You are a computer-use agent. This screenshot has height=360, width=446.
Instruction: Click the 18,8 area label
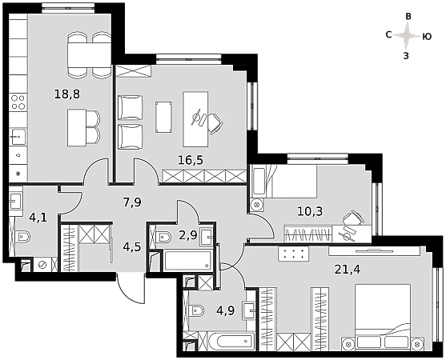(x=67, y=94)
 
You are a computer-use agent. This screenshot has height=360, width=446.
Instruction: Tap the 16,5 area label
(x=191, y=160)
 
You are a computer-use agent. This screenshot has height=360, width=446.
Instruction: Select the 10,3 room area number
(x=310, y=211)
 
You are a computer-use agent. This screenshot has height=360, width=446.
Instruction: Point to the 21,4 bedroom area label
(x=348, y=269)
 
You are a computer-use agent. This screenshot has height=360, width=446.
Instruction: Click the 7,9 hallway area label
(x=132, y=202)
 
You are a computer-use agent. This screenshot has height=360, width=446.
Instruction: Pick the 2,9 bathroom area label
(x=188, y=235)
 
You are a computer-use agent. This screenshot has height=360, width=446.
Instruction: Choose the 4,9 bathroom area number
(x=226, y=310)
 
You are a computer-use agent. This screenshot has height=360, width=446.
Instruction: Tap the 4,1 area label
(x=38, y=218)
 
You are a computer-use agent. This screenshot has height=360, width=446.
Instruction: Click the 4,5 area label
(x=132, y=246)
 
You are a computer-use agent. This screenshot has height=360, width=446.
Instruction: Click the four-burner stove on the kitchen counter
(x=18, y=102)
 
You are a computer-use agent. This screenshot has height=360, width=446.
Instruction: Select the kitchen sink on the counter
(x=18, y=137)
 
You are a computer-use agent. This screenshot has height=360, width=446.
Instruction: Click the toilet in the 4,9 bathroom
(x=196, y=310)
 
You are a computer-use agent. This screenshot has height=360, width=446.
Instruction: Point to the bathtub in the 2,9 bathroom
(x=187, y=260)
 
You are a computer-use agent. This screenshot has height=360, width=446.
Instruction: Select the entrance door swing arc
(x=131, y=293)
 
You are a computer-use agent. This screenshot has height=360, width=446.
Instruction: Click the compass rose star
(x=407, y=36)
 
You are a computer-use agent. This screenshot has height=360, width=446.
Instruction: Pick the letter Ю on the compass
(x=427, y=37)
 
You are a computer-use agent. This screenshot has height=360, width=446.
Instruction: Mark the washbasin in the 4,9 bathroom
(x=249, y=310)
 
